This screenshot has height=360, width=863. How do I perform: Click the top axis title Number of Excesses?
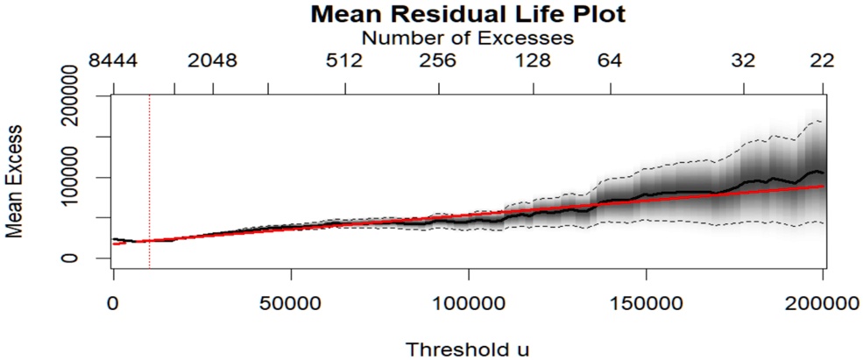coord(468,38)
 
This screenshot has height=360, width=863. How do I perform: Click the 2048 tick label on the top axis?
coord(213,61)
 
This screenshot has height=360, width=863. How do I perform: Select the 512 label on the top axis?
coord(344,61)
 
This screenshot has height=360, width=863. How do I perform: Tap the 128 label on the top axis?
coord(532,61)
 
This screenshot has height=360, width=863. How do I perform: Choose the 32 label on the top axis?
coord(744,61)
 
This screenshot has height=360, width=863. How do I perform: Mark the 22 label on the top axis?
coord(822,61)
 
